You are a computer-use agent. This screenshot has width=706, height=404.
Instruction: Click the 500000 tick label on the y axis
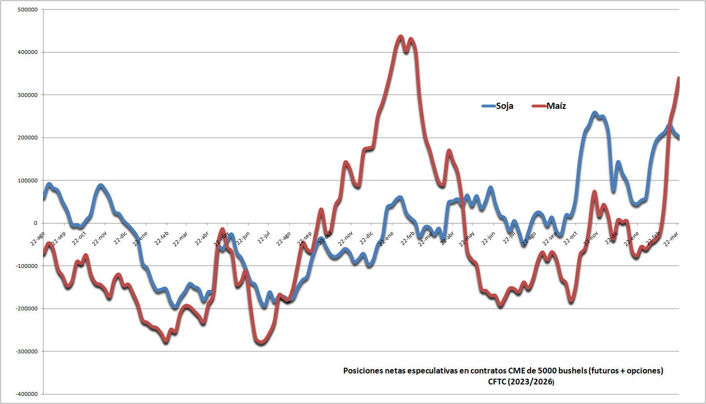[x=28, y=10]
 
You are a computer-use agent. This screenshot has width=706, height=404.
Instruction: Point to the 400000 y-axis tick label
[x=28, y=52]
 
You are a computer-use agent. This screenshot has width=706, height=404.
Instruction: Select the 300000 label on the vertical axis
[x=28, y=95]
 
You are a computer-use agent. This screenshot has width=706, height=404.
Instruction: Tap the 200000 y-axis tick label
[x=28, y=138]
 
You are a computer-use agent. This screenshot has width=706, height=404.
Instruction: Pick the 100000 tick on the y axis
[x=28, y=181]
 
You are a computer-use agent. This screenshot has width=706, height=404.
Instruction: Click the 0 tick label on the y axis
[x=35, y=223]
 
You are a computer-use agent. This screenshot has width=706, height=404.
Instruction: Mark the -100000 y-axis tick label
[x=27, y=266]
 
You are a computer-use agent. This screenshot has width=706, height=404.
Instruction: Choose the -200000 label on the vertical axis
[x=27, y=308]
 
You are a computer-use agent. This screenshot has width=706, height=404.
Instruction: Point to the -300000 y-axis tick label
[x=27, y=351]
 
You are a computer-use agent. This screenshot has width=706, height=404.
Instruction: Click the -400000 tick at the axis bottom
[x=27, y=394]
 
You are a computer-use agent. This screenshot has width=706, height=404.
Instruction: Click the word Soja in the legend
[x=504, y=106]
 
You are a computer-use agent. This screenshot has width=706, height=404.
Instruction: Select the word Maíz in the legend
[x=556, y=106]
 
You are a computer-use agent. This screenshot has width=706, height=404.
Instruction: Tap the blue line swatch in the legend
[x=489, y=106]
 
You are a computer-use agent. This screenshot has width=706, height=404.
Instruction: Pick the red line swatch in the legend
[x=539, y=106]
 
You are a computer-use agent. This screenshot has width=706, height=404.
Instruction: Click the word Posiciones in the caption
[x=363, y=371]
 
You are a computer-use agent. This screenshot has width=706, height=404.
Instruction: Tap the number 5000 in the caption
[x=547, y=371]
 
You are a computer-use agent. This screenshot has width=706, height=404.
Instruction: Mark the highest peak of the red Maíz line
[x=401, y=36]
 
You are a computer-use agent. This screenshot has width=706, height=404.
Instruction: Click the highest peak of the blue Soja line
[x=595, y=113]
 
